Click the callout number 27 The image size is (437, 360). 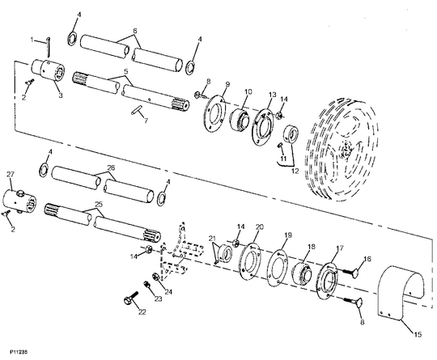click(11, 174)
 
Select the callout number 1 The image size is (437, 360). click(32, 39)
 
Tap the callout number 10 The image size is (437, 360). click(248, 91)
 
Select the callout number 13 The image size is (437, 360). click(273, 94)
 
